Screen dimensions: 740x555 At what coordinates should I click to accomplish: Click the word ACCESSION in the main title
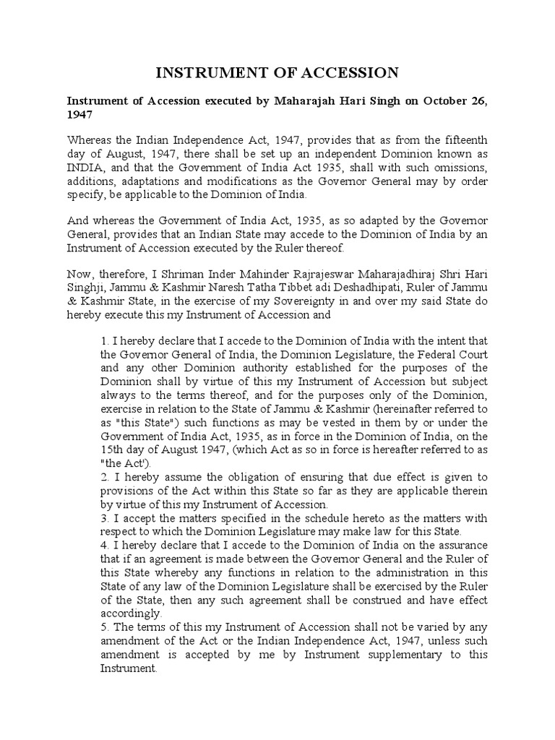(x=347, y=72)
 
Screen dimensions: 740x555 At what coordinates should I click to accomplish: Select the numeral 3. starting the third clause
(x=105, y=518)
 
